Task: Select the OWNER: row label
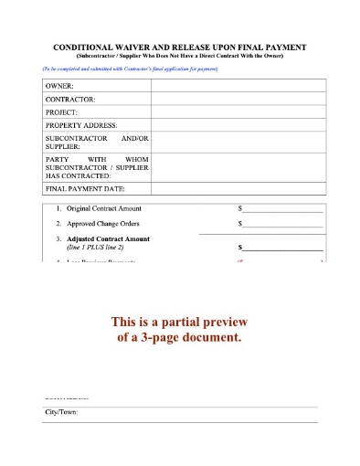pos(59,85)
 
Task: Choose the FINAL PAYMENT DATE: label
pos(85,188)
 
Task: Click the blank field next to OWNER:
pos(235,85)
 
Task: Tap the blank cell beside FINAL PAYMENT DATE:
pos(235,188)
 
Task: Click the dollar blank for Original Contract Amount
pos(281,209)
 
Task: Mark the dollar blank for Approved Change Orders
pos(281,224)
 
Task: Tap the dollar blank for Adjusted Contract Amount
pos(281,248)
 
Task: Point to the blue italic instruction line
pos(130,69)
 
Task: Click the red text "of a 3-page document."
pos(179,337)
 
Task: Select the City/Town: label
pos(61,413)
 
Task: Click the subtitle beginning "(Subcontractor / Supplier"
pos(179,56)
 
